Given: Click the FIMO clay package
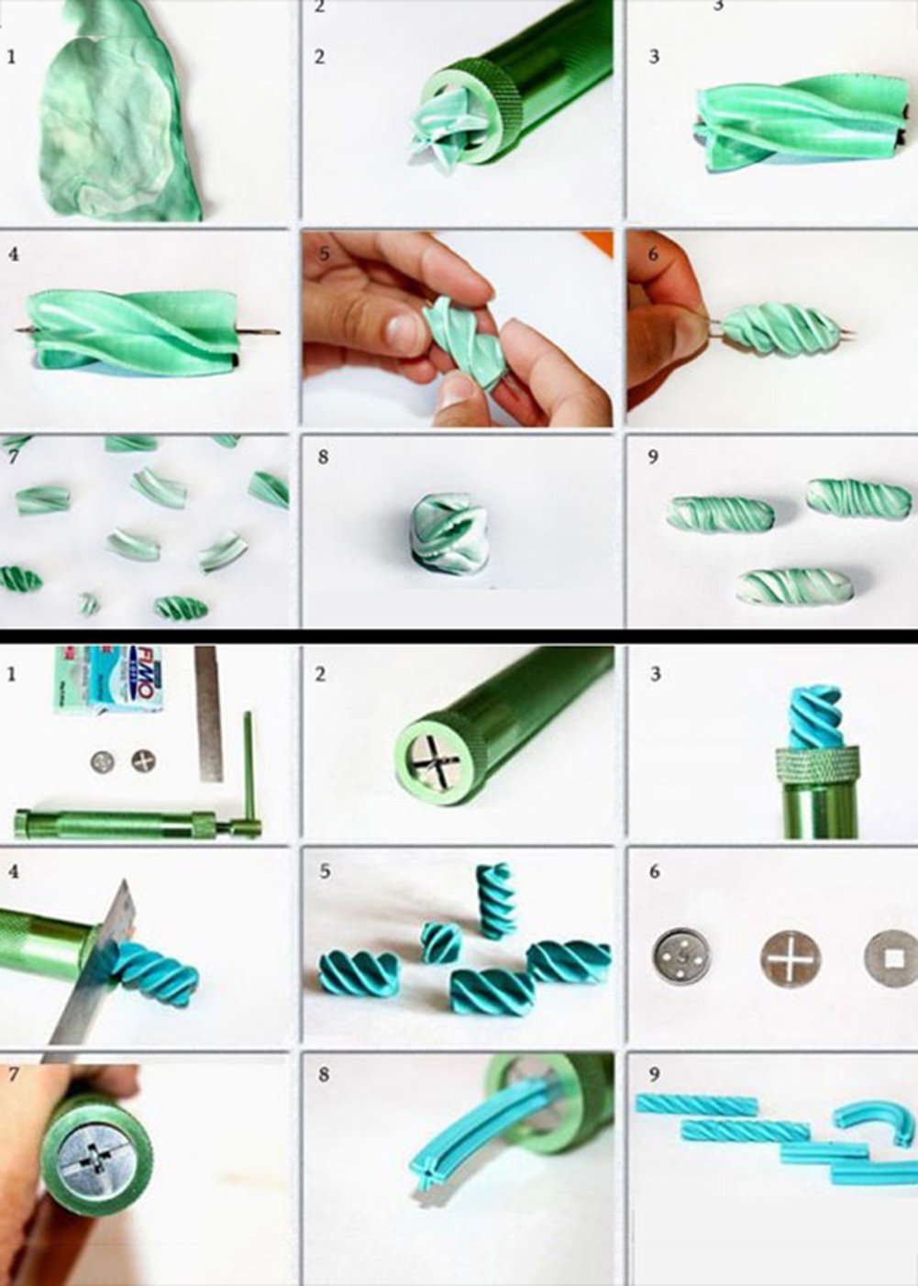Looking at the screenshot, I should click(x=107, y=679).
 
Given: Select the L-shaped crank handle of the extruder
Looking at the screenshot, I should click(x=247, y=770).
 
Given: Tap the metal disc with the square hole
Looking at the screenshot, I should click(x=890, y=959).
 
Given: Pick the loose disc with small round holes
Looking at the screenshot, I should click(x=681, y=957).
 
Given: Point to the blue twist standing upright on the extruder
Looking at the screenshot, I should click(x=815, y=715).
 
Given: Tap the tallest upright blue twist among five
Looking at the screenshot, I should click(x=496, y=900).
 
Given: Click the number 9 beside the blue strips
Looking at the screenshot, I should click(x=653, y=1074).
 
